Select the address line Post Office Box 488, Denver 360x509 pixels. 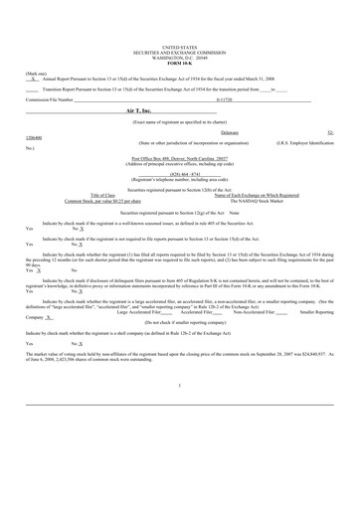179,157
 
